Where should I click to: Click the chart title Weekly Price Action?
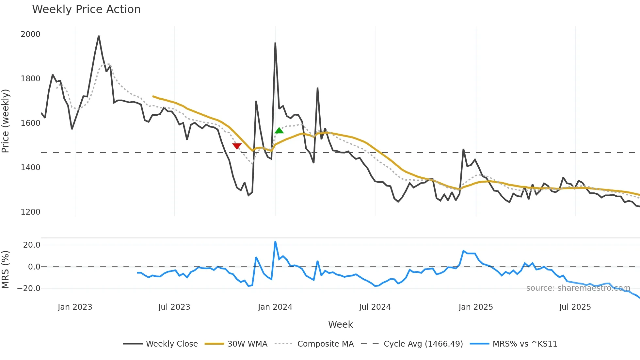(x=86, y=9)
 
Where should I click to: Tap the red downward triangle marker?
(x=237, y=146)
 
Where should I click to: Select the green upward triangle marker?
(x=279, y=131)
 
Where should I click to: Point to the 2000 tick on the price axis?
(x=30, y=34)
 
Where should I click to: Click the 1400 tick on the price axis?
(x=30, y=168)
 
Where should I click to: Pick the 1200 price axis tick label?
(x=30, y=212)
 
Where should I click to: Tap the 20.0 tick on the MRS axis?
(x=32, y=245)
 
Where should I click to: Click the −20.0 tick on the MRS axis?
(x=29, y=288)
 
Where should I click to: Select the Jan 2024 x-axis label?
(x=275, y=307)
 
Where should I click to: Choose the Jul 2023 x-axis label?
(x=174, y=307)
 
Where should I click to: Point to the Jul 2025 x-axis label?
(x=575, y=307)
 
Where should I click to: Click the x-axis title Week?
(x=340, y=324)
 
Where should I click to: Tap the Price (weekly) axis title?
(x=5, y=121)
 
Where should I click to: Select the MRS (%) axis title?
(x=5, y=270)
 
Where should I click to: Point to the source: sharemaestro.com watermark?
(x=578, y=288)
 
